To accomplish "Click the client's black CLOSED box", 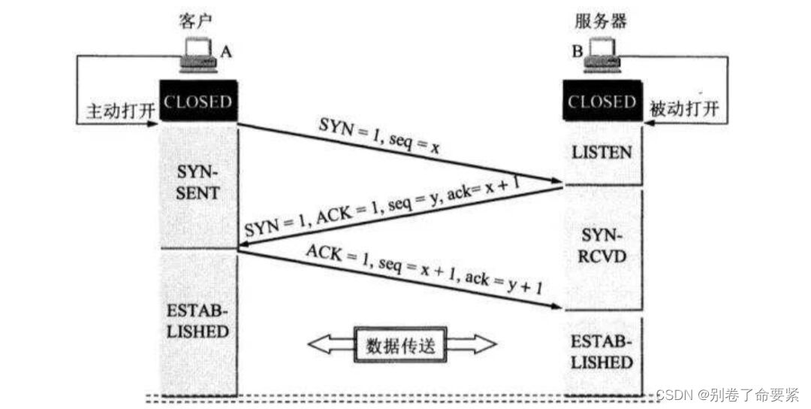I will pos(199,101).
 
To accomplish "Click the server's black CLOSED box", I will pos(602,101).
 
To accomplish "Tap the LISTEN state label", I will pos(602,153).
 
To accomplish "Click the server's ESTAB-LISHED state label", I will pos(602,353).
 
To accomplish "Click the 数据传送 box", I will pos(402,345).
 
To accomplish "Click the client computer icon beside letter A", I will pos(199,56).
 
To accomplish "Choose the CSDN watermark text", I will pos(727,394).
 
